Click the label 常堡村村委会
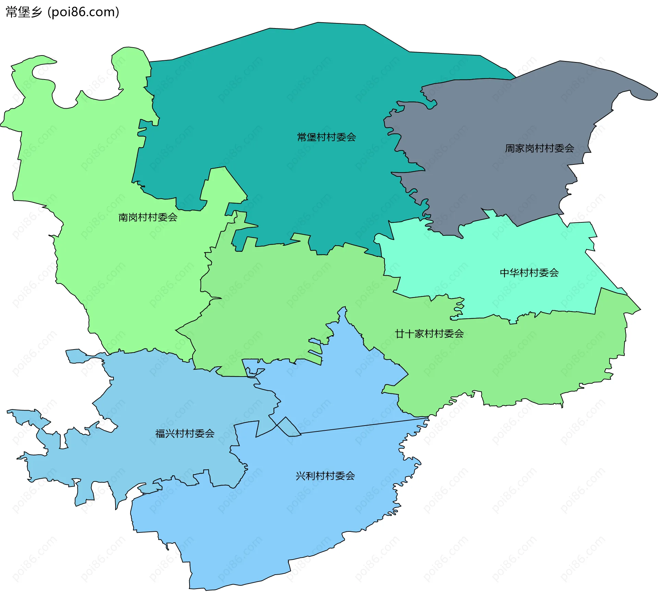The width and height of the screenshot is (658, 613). point(326,137)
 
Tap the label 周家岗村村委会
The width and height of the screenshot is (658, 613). point(539,148)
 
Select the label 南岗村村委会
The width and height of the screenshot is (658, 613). point(148,217)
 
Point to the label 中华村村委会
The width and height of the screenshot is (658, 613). point(529,273)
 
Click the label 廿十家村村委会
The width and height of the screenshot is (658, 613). point(429,334)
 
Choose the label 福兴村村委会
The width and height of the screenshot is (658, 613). point(185,434)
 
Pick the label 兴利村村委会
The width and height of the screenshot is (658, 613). point(325,476)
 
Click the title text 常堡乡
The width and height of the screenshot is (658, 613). point(24,12)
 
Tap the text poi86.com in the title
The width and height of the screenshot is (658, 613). point(83,12)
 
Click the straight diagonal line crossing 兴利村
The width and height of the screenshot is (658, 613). point(363,426)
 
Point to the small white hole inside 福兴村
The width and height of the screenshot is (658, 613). point(107,426)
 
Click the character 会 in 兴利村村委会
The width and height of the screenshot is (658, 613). point(350,476)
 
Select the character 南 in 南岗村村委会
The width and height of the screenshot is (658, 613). point(123,217)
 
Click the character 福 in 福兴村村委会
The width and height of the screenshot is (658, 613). point(160,434)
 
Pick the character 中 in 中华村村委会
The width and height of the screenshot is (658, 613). point(504,273)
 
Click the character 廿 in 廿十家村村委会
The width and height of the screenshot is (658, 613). point(400,334)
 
